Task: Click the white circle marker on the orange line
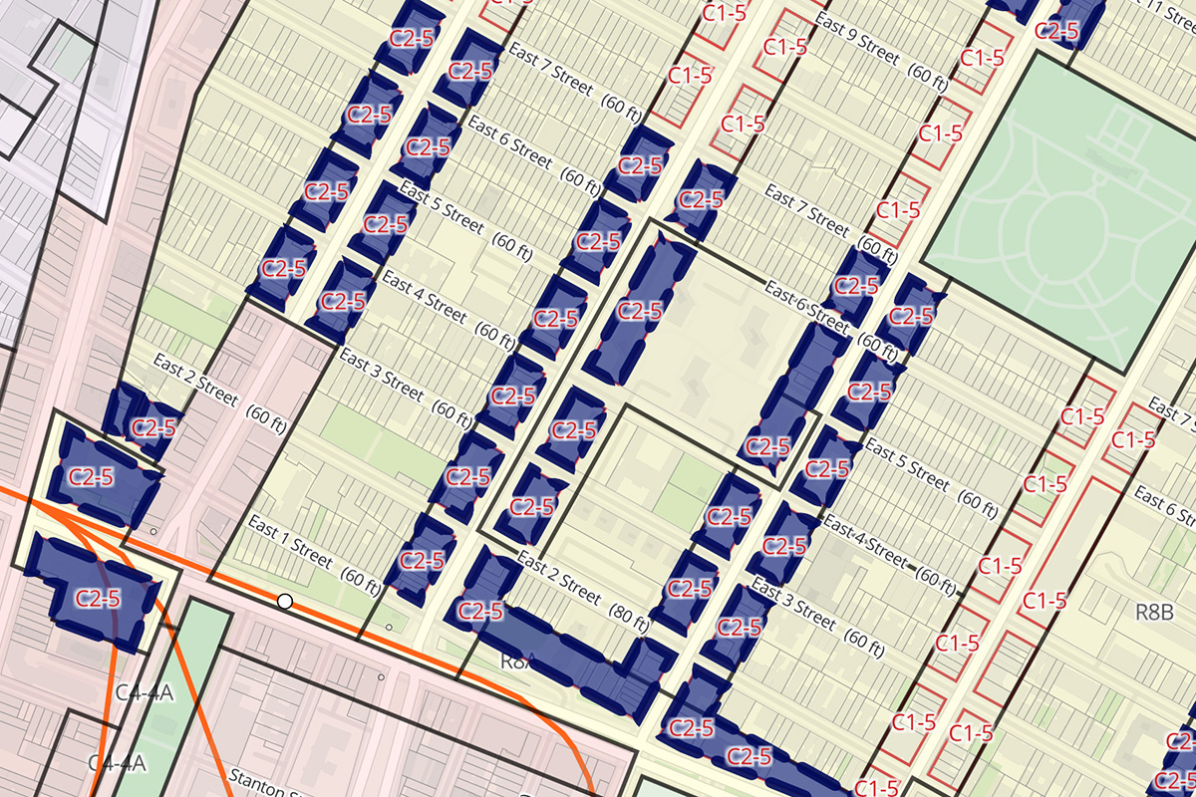tap(285, 601)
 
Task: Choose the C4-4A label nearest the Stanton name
tap(118, 763)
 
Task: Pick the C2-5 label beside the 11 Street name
tap(1063, 31)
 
